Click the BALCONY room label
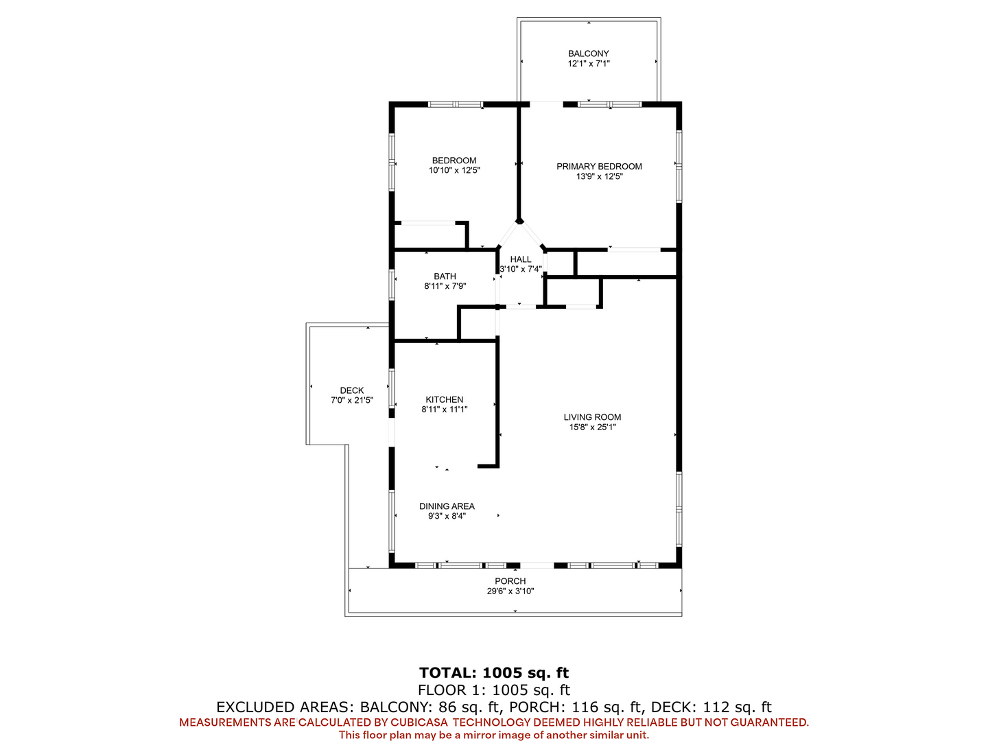click(588, 54)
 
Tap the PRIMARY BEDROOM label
click(599, 167)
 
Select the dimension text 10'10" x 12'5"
click(454, 171)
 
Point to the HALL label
click(520, 259)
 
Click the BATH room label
click(445, 277)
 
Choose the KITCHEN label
click(445, 399)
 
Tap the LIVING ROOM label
click(592, 417)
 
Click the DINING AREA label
click(447, 506)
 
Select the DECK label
click(351, 390)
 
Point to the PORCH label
click(510, 581)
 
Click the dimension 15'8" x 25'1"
click(592, 427)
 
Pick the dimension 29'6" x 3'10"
click(510, 591)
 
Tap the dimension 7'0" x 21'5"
click(351, 401)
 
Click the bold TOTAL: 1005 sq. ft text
click(494, 672)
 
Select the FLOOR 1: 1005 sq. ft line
click(494, 690)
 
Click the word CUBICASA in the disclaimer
click(419, 722)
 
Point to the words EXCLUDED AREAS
click(283, 707)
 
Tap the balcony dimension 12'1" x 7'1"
click(588, 64)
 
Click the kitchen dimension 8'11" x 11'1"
click(445, 410)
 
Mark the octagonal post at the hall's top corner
click(519, 220)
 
